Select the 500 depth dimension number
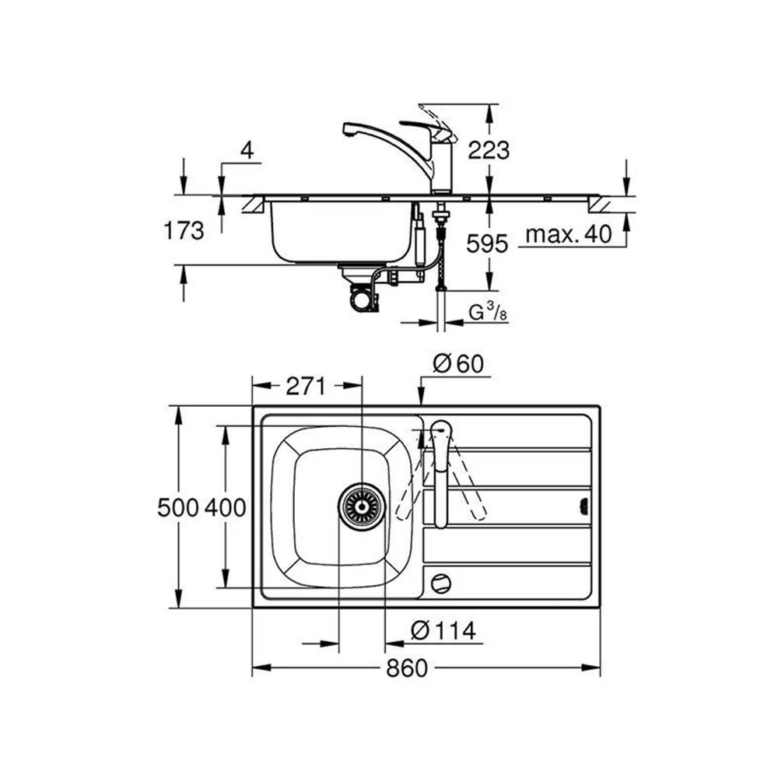(178, 508)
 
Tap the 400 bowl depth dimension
(226, 508)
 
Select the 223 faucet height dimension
(488, 149)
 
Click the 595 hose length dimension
(488, 244)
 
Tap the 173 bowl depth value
(184, 230)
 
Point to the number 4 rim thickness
(247, 150)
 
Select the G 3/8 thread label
(487, 313)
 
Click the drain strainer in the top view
(361, 506)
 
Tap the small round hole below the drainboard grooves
(440, 581)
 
